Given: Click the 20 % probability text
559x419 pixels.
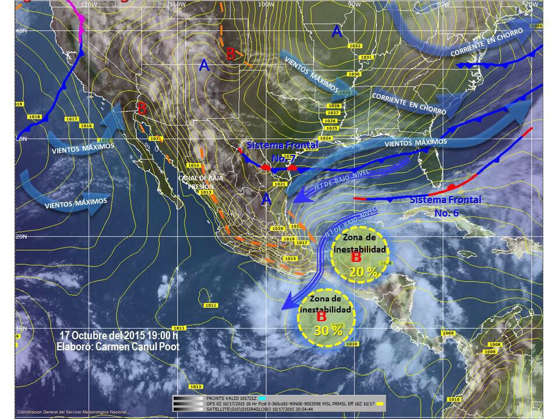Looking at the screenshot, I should coord(365,272).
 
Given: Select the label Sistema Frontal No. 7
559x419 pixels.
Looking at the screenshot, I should coord(282,151).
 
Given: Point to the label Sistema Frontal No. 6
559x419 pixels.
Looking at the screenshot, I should coord(446,206).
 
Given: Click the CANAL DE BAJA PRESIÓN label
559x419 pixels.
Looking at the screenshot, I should coord(196,182).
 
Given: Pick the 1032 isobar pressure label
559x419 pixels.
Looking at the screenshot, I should coord(355,45).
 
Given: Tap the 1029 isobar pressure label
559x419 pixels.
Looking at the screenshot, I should coord(345,93).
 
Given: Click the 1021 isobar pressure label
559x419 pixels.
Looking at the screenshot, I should coord(279,184).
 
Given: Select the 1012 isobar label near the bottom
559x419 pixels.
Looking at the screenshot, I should coord(196,387).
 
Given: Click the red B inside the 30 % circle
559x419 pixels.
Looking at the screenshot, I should coord(321,318).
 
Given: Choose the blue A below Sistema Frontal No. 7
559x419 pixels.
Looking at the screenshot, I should coord(266,198).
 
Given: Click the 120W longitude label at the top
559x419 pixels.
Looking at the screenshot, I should coord(89,4).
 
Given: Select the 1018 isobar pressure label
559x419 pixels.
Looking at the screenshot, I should coord(35,117).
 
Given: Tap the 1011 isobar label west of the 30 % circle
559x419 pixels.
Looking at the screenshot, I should coord(211,306).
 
